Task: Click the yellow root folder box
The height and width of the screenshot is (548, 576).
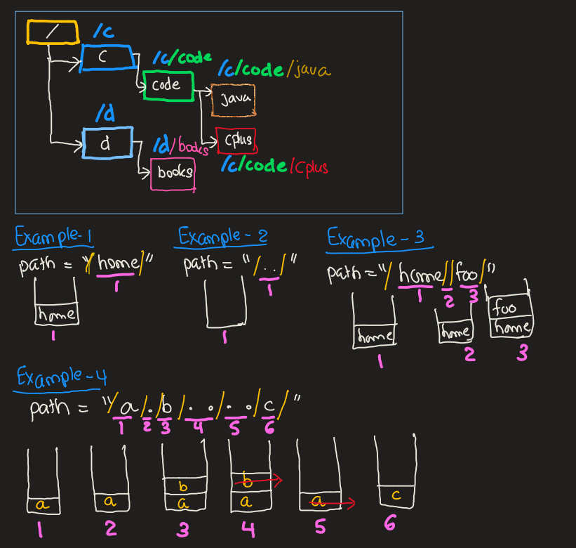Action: coord(52,32)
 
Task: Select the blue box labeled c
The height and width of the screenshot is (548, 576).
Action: coord(107,58)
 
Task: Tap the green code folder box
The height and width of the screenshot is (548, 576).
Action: coord(167,85)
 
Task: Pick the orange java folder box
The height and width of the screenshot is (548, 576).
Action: coord(233,100)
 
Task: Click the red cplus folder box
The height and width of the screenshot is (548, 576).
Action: coord(236,141)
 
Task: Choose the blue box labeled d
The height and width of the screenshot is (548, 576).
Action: coord(107,143)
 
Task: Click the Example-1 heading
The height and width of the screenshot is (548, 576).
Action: coord(55,237)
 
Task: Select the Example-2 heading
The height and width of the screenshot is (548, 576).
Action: coord(222,236)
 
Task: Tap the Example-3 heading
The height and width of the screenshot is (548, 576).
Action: coord(376,238)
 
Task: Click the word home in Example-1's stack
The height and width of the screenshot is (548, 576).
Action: coord(56,315)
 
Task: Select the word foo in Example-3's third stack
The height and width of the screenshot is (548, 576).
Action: coord(505,308)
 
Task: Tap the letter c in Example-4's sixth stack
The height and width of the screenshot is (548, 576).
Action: coord(396,495)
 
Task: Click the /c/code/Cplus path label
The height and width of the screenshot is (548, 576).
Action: coord(275,166)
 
